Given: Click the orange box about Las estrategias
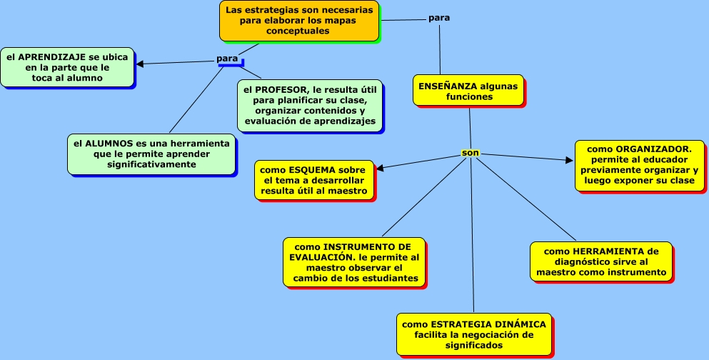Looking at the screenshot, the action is click(298, 21).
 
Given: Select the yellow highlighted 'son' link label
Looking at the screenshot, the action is click(470, 152).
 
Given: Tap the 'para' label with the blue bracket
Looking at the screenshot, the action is click(227, 58).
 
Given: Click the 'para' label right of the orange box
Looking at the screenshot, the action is click(439, 17).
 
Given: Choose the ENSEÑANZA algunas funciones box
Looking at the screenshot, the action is click(468, 91).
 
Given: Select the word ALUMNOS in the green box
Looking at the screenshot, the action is click(108, 143).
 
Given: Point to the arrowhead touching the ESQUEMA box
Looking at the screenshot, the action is click(380, 169).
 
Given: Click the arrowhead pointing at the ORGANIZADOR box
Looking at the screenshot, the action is click(570, 160).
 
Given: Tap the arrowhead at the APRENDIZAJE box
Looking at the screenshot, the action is click(140, 64).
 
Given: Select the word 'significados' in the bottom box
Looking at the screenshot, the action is click(474, 345).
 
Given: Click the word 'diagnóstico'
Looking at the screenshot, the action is click(565, 261).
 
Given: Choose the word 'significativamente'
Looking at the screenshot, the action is click(151, 164).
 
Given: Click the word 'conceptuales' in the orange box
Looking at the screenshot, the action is click(299, 31).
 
